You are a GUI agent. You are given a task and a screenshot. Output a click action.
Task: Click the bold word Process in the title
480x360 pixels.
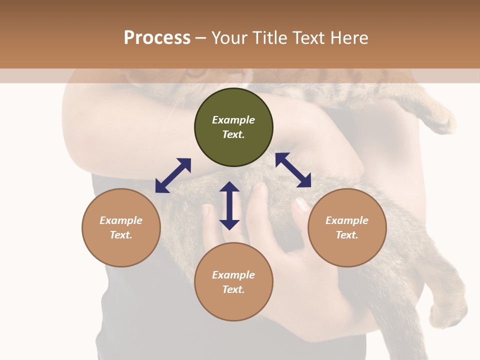tap(157, 38)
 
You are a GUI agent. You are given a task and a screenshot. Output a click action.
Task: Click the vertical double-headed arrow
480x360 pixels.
tap(229, 205)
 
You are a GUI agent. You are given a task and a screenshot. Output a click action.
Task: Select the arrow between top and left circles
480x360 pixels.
tap(173, 175)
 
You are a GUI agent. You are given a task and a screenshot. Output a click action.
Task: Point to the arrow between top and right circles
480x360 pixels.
tap(293, 170)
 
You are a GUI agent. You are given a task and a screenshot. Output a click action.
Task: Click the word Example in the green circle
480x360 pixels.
tap(233, 120)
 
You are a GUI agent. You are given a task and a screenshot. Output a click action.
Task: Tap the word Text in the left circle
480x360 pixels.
tap(121, 235)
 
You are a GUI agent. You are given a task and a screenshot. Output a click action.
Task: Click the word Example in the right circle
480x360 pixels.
tap(347, 220)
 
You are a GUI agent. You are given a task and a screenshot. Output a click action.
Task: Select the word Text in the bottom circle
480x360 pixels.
tap(233, 289)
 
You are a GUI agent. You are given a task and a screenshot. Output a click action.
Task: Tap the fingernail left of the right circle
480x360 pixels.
tap(302, 204)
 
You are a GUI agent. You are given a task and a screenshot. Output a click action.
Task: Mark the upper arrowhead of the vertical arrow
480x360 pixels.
tap(229, 187)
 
